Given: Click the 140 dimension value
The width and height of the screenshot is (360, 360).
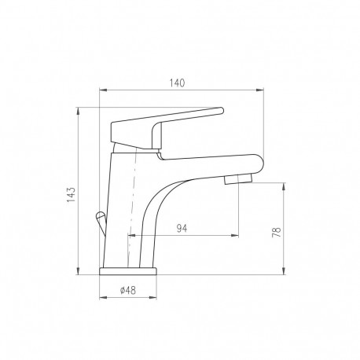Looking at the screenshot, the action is click(177, 83).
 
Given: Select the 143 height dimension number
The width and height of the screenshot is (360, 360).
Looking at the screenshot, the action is click(71, 195).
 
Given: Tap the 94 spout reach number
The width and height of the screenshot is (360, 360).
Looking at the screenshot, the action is click(182, 228).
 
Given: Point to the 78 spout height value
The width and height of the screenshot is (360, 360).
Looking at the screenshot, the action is click(277, 232).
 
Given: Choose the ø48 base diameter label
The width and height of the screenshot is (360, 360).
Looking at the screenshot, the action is click(128, 290).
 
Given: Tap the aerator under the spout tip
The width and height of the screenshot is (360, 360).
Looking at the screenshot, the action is click(238, 179).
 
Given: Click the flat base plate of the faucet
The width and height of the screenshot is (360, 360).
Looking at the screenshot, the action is click(128, 271).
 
